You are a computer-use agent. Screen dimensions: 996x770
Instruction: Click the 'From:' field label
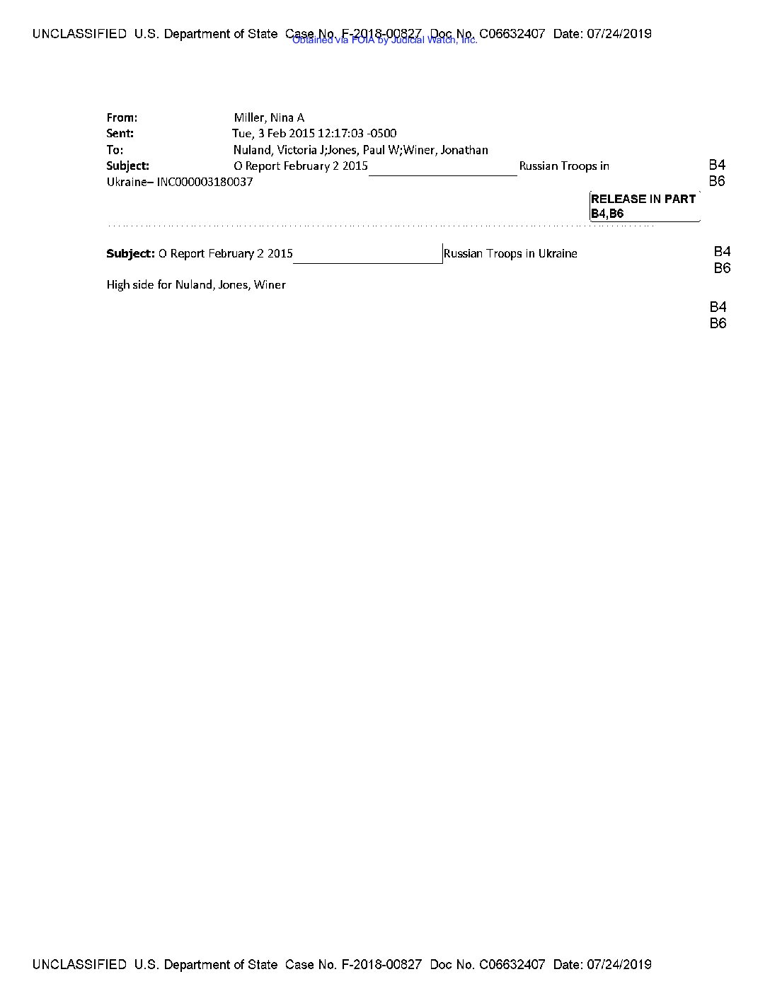pyautogui.click(x=122, y=117)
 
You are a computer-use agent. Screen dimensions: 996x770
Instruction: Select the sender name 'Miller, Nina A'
pyautogui.click(x=269, y=117)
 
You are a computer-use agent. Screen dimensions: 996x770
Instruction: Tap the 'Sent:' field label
pyautogui.click(x=120, y=133)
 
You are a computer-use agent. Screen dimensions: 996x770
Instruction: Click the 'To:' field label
pyautogui.click(x=115, y=149)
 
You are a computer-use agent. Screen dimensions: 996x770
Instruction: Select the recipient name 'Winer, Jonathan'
pyautogui.click(x=446, y=149)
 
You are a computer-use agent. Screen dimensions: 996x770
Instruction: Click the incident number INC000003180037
pyautogui.click(x=205, y=182)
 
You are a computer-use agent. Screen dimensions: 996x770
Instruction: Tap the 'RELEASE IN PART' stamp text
pyautogui.click(x=643, y=199)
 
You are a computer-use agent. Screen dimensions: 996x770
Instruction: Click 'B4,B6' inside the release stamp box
pyautogui.click(x=607, y=214)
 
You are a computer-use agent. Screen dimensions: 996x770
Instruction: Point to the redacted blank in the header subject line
pyautogui.click(x=443, y=167)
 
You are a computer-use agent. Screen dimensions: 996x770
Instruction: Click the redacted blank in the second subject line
pyautogui.click(x=368, y=254)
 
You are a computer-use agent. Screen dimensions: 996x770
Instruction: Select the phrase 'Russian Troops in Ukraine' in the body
pyautogui.click(x=510, y=253)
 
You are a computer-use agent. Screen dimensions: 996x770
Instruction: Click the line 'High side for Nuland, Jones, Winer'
pyautogui.click(x=196, y=284)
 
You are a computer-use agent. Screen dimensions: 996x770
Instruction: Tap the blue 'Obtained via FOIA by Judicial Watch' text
pyautogui.click(x=384, y=40)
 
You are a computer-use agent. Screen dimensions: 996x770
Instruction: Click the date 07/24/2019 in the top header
pyautogui.click(x=619, y=33)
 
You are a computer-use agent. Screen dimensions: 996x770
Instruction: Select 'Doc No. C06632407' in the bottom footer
pyautogui.click(x=488, y=964)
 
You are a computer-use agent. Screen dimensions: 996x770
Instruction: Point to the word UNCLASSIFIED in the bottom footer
pyautogui.click(x=79, y=964)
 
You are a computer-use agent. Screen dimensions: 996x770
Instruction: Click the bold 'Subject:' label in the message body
pyautogui.click(x=130, y=253)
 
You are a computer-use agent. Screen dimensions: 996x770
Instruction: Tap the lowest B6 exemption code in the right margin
pyautogui.click(x=718, y=323)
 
